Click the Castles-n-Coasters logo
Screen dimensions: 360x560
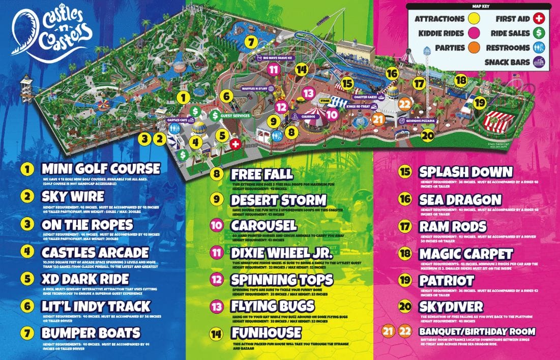[53, 32]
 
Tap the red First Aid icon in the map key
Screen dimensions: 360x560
[541, 19]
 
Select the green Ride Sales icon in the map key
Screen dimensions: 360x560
[541, 33]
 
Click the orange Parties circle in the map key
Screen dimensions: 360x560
[473, 48]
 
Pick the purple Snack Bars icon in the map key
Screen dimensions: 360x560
[541, 63]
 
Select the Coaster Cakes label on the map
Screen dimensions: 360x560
[365, 96]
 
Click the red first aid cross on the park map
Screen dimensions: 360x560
[235, 144]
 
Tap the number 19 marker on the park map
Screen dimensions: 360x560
[479, 102]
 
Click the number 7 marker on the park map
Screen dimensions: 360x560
[250, 42]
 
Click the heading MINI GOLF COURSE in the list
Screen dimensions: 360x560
[100, 168]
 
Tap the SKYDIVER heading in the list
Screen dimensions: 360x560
[451, 307]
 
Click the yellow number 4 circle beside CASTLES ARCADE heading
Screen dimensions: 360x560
[27, 252]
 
